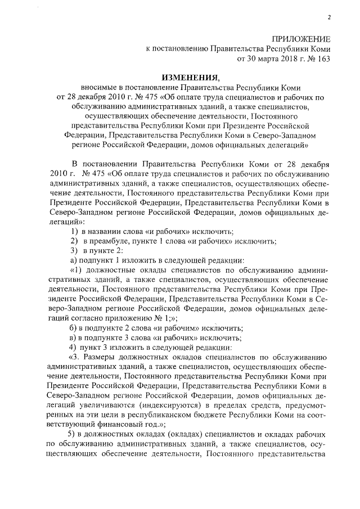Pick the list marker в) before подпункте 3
tap(73, 337)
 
